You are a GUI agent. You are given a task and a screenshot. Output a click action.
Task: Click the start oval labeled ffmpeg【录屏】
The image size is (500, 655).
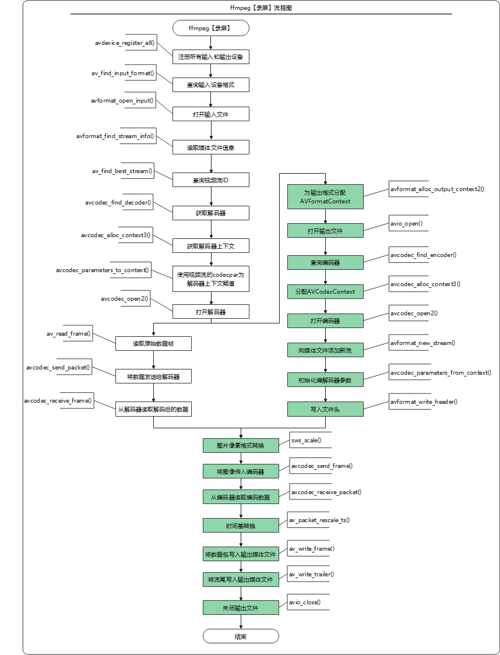210,29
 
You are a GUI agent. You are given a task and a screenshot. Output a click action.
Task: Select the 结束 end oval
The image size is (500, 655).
241,636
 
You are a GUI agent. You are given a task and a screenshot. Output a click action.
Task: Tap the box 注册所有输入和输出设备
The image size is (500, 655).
210,57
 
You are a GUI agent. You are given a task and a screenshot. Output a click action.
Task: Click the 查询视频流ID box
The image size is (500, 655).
210,180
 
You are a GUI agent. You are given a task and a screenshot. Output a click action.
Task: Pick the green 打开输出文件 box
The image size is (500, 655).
325,231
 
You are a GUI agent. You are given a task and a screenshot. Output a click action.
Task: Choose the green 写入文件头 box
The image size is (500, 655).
325,409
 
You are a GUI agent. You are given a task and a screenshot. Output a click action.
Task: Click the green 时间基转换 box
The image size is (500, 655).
241,526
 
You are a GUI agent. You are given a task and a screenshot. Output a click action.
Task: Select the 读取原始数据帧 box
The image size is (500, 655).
153,343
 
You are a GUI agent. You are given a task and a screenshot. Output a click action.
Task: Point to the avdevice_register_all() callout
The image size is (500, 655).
125,43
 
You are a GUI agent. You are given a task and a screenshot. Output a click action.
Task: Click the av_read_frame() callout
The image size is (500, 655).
69,333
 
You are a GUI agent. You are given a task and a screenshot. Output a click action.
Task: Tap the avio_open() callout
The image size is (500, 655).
408,223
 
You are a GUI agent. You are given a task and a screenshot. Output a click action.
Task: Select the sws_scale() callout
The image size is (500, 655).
309,440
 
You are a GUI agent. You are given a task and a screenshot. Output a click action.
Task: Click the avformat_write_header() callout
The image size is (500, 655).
424,402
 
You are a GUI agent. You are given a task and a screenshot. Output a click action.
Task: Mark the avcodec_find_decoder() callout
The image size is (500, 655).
119,202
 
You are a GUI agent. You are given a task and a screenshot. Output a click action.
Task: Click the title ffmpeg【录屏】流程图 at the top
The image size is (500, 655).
261,8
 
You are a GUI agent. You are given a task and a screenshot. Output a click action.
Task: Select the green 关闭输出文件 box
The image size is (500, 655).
241,607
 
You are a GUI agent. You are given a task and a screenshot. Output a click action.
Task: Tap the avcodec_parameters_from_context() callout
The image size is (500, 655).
440,372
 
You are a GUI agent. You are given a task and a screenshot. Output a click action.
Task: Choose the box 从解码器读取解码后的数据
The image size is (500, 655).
153,409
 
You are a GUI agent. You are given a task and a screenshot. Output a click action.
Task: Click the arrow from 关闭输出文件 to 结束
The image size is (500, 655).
241,622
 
